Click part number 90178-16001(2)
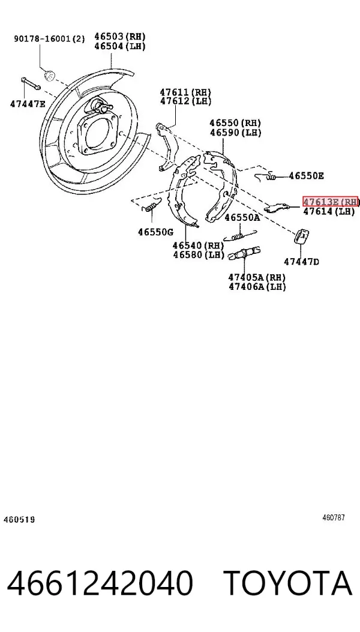pos(50,38)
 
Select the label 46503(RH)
pos(120,36)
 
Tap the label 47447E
pos(28,104)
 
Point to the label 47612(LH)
pos(185,101)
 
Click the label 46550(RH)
pos(235,122)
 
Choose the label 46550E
pos(306,176)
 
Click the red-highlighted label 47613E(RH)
pos(331,202)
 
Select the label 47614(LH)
pos(329,211)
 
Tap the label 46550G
pos(155,232)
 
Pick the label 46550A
pos(242,218)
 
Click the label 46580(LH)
pos(199,254)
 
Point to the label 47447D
pos(302,262)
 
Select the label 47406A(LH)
pos(257,286)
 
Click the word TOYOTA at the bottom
pos(288,583)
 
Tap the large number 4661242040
pos(100,583)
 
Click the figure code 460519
pos(19,520)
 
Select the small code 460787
pos(334,518)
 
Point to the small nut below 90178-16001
pos(50,75)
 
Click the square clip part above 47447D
pos(302,236)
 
